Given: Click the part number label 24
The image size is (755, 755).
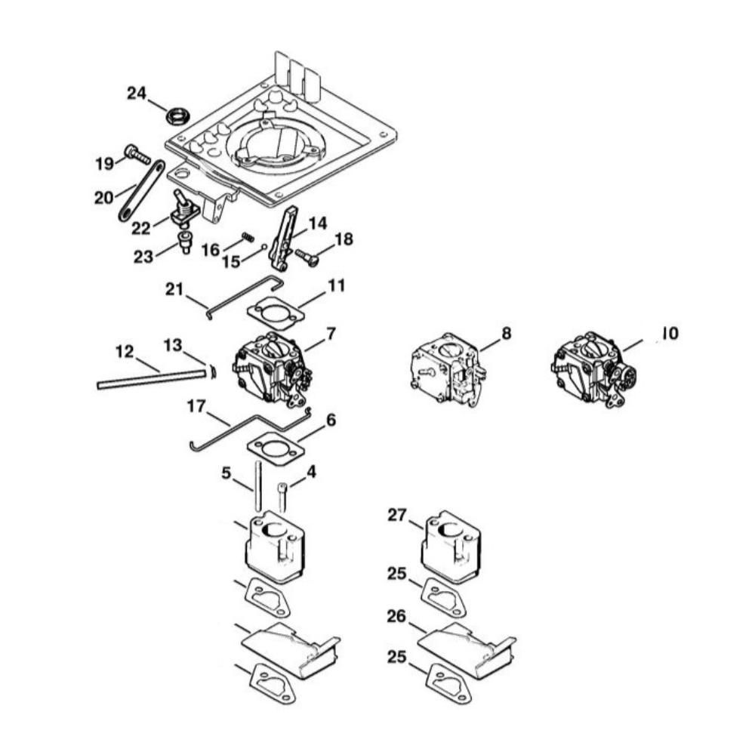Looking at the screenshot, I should (136, 94).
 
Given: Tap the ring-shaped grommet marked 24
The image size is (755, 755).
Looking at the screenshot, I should (178, 116).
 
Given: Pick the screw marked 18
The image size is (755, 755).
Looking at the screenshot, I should (307, 257).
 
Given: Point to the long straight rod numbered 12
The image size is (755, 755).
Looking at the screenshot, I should (151, 377).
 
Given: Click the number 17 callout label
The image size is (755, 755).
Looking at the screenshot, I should (196, 407).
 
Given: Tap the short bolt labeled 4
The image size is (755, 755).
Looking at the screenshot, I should (283, 499).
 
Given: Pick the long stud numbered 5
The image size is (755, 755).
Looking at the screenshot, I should (257, 487).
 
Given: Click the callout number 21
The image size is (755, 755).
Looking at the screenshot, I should (174, 289).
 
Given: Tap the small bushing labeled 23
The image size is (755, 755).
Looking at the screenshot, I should (185, 245).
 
